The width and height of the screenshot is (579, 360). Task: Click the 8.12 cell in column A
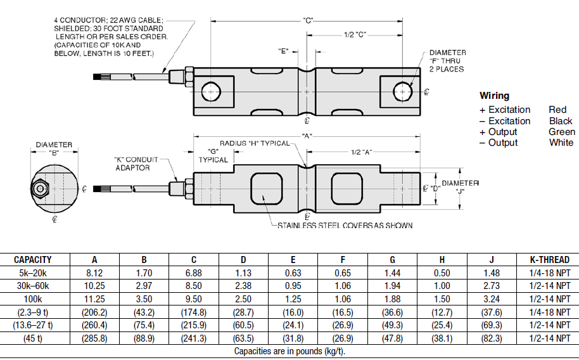coord(94,272)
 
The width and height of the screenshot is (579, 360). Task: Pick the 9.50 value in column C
coord(194,299)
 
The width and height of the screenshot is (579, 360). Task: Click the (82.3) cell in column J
coord(492,338)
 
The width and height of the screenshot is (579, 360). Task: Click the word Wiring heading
coord(494,96)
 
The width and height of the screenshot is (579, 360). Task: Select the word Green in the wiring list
coord(562,132)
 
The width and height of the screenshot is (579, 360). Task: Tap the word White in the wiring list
coord(561,143)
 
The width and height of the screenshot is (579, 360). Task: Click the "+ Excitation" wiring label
coord(505,110)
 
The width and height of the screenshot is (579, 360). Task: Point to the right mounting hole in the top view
coord(400,93)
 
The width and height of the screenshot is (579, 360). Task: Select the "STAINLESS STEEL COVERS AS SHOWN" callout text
coord(345,226)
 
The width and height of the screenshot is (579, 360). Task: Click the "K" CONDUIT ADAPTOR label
coord(136,164)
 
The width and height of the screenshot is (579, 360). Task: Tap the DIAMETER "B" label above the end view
coord(53,148)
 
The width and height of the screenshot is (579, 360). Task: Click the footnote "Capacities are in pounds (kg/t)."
coord(289,351)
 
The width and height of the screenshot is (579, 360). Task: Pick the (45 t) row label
coord(33,338)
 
